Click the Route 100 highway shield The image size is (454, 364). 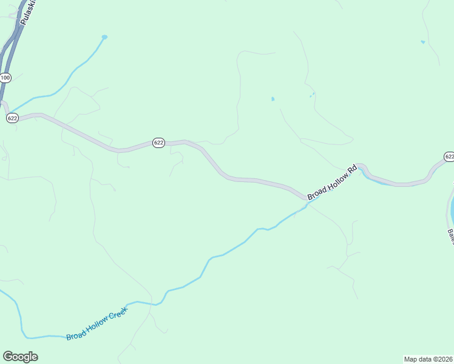5,78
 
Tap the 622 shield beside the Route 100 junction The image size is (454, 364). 12,118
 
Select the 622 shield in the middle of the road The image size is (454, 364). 158,143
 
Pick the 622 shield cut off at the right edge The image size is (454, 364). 449,157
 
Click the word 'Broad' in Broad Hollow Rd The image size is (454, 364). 317,194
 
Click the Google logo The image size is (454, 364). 20,357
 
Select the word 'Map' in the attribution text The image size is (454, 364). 411,359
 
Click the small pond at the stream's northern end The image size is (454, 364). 104,37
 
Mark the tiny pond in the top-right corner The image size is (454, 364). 422,42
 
